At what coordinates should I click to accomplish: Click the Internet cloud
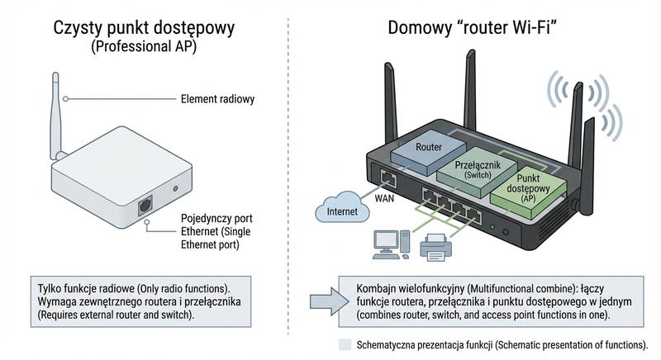pos(341,210)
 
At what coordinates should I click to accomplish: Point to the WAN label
pos(386,198)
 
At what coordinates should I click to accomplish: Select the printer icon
pos(435,247)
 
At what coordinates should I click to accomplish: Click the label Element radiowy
pos(217,99)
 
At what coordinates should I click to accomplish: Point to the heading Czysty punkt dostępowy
pos(144,28)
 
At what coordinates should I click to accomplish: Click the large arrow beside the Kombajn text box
pos(324,298)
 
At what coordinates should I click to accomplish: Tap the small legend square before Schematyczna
pos(345,344)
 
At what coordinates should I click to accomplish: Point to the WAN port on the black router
pos(387,176)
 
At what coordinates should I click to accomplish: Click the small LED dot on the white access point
pos(175,188)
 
